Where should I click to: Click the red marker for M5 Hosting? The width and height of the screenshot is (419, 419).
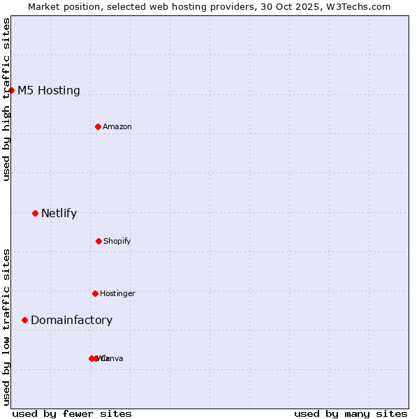coord(12,90)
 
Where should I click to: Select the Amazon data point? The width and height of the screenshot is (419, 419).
coord(98,126)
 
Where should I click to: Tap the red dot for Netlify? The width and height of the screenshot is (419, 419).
coord(36,213)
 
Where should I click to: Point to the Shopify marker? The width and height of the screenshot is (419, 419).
coord(98,241)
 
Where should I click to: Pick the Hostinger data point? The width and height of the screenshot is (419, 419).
coord(96,293)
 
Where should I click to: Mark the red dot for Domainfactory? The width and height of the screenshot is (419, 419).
coord(25,320)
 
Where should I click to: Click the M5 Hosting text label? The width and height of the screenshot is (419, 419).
coord(49,90)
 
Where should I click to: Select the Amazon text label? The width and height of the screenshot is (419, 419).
coord(117,126)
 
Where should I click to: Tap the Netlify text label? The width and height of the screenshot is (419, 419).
coord(59,213)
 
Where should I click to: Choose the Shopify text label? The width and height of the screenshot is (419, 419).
coord(117,241)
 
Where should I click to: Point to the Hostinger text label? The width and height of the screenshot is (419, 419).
coord(117,293)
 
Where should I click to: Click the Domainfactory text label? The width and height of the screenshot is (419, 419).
coord(71,320)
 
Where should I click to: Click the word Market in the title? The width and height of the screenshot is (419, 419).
coord(44,6)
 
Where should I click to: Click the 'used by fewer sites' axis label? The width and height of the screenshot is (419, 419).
coord(72,413)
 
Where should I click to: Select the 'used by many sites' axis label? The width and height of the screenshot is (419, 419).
coord(351,413)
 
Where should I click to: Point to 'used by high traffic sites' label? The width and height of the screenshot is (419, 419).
coord(6,99)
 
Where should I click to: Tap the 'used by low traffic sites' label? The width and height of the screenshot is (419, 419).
coord(6,326)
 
